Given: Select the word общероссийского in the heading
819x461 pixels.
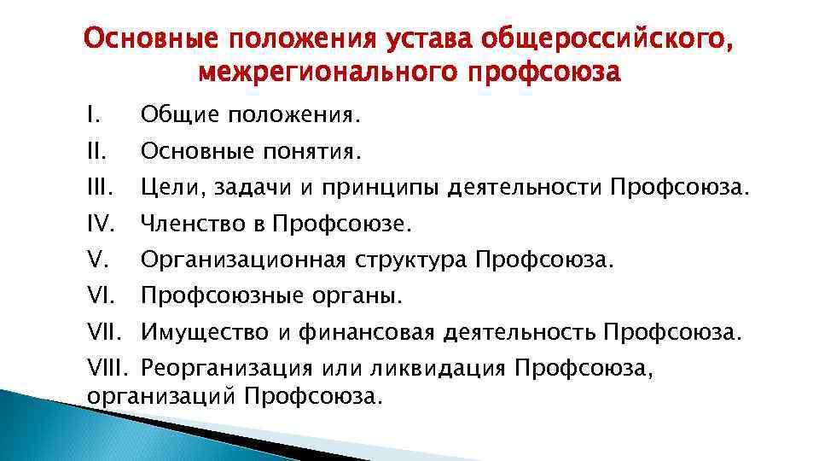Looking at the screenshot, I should pos(607,38).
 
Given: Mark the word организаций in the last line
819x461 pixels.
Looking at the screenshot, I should pos(160,396).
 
